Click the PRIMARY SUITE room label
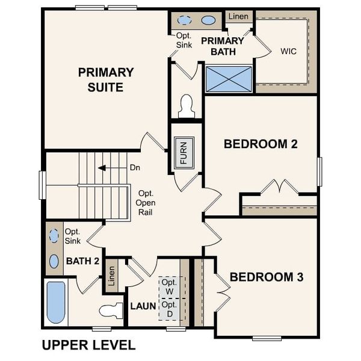point(105,80)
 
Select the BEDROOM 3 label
point(266,277)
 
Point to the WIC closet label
point(288,51)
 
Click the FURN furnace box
point(184,152)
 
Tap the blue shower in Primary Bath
point(229,79)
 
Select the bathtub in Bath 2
point(56,303)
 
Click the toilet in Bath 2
point(111,311)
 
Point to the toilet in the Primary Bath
point(187,106)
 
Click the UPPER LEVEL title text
point(88,345)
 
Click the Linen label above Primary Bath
point(238,16)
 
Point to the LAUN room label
point(143,306)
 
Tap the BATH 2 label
point(82,261)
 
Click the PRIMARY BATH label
point(222,46)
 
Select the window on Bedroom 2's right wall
point(319,171)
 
